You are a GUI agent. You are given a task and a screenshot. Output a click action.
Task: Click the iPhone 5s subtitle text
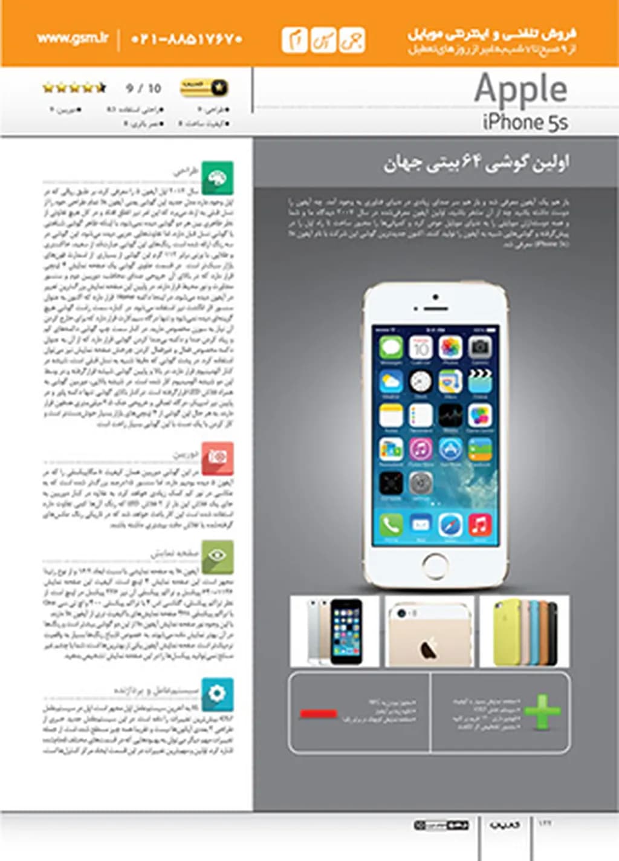(525, 122)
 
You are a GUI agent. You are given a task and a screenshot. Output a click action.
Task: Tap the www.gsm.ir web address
(73, 39)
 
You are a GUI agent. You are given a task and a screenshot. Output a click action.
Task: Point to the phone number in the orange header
(187, 39)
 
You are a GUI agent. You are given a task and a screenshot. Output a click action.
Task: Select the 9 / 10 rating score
(143, 88)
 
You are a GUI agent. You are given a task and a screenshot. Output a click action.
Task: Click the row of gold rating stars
(74, 88)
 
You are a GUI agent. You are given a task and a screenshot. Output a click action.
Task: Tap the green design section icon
(217, 178)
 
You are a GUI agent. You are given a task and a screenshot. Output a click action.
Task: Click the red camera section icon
(217, 458)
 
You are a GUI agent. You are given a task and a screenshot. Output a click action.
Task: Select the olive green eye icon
(217, 556)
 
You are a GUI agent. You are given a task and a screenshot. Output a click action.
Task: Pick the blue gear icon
(217, 694)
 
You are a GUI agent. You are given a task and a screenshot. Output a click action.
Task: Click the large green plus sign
(542, 712)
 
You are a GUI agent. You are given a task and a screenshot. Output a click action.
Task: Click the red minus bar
(318, 713)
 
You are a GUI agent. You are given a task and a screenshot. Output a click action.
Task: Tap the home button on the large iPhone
(435, 565)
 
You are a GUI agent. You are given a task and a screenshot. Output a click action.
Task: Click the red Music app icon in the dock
(479, 524)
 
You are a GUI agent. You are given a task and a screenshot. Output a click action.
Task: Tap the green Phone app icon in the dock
(391, 524)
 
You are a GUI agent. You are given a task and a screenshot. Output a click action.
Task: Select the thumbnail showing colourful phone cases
(524, 631)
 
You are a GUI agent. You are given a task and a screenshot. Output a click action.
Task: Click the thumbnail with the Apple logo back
(429, 631)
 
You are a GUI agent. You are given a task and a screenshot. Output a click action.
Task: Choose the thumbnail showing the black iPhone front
(335, 631)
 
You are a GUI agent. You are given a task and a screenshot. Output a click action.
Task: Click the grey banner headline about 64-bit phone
(476, 163)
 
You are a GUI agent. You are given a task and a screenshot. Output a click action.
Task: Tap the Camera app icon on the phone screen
(479, 348)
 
